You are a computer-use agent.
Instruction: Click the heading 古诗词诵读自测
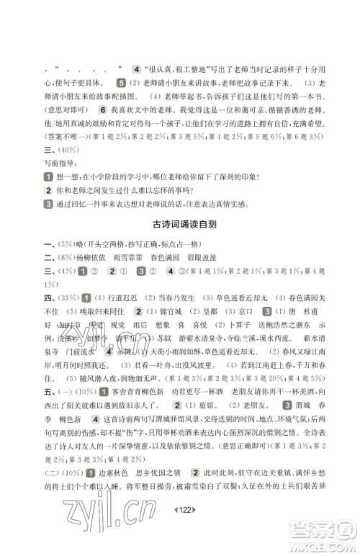180,225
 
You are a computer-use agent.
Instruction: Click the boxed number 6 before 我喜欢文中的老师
104,108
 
